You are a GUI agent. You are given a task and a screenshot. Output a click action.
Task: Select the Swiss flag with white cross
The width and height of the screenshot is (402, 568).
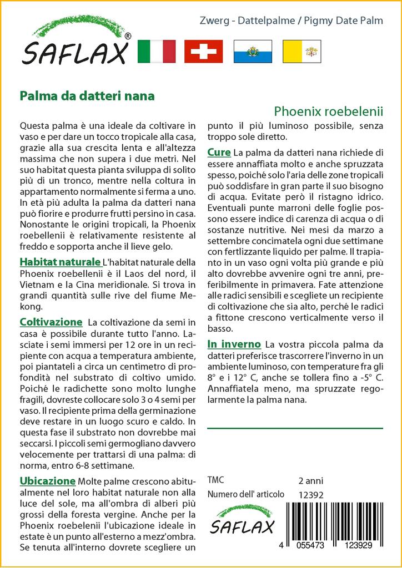(x=203, y=51)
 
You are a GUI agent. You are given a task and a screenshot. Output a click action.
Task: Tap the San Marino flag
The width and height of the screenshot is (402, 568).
(x=252, y=51)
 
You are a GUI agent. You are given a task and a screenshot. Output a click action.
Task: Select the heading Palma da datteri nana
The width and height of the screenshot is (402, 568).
(x=87, y=95)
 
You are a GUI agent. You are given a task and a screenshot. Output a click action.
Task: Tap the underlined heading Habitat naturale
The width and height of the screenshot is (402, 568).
(x=59, y=261)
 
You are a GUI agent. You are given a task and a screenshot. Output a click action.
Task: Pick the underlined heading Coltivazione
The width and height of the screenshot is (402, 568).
(x=51, y=322)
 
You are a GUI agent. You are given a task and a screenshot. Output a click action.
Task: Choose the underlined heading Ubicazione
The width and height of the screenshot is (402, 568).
(x=47, y=480)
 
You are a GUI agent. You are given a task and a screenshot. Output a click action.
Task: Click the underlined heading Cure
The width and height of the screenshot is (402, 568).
(x=219, y=152)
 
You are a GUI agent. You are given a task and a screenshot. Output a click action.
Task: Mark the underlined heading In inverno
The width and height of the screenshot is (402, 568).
(x=234, y=344)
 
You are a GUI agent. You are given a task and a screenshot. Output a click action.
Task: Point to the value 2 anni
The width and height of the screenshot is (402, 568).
(x=310, y=480)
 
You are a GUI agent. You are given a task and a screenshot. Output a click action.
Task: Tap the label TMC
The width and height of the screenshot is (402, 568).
(x=216, y=480)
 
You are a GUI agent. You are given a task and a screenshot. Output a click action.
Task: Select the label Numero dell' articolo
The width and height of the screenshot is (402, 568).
(x=245, y=494)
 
